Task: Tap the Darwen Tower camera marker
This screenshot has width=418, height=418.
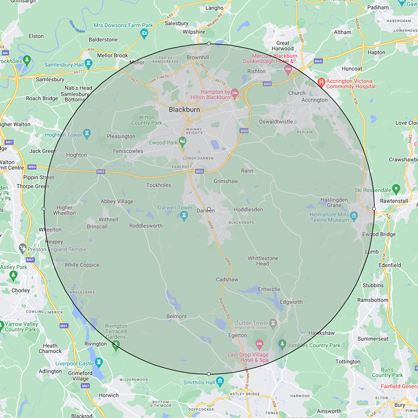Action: [183, 217]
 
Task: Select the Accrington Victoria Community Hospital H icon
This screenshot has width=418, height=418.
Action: [322, 82]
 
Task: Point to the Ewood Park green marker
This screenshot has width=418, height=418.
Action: [182, 141]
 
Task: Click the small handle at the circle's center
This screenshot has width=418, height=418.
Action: [208, 209]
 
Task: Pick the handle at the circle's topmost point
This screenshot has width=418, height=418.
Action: [208, 44]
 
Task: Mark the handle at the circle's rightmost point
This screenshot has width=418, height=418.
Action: [374, 209]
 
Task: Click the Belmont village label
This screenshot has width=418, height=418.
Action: [176, 316]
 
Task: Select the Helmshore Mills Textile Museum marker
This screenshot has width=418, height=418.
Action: [354, 215]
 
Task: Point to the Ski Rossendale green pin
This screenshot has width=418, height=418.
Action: [396, 189]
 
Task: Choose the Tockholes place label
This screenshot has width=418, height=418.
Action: [158, 185]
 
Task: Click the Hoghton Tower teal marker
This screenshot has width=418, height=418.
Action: [87, 134]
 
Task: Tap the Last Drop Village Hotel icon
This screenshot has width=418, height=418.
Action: [260, 345]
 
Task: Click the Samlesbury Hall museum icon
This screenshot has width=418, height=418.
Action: [89, 64]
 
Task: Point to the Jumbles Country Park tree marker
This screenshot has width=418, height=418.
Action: [283, 344]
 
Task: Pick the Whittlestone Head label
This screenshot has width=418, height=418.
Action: [263, 261]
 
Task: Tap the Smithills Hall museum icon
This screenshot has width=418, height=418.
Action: [220, 381]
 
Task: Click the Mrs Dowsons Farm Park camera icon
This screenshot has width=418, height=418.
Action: [144, 34]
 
